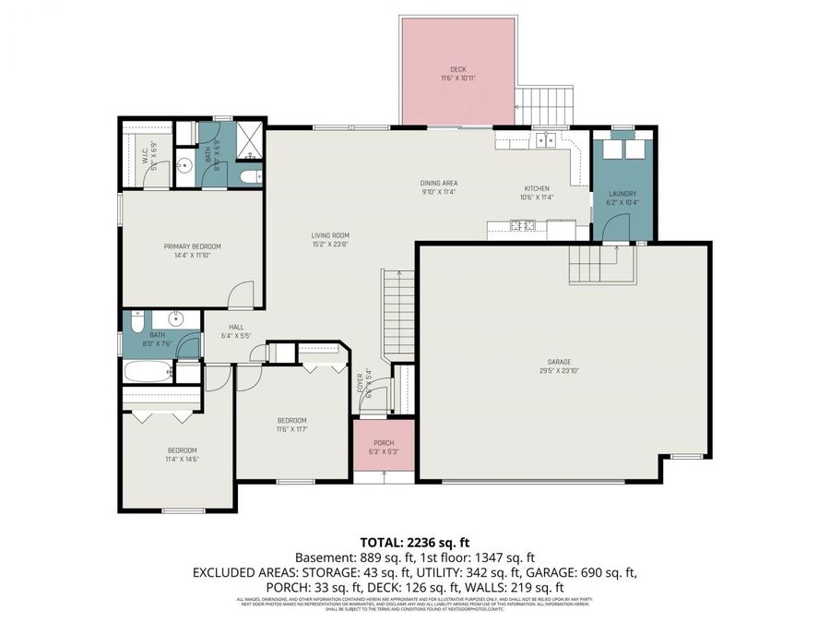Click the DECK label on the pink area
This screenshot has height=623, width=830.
click(x=457, y=69)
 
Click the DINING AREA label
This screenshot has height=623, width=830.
click(x=440, y=183)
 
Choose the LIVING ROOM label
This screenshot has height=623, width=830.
click(x=329, y=235)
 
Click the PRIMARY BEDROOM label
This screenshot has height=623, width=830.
click(x=193, y=246)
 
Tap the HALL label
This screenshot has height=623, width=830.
click(x=236, y=327)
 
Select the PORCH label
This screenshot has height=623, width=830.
click(x=384, y=443)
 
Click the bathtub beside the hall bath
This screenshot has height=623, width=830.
click(x=148, y=374)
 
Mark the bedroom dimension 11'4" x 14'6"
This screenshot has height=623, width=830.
click(x=183, y=459)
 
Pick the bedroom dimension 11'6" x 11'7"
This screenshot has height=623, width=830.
click(x=291, y=429)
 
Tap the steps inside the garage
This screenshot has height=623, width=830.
click(x=599, y=265)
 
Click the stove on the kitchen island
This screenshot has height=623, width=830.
click(x=524, y=224)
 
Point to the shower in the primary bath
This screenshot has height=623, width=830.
click(x=249, y=140)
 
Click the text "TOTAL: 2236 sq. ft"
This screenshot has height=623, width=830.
click(x=414, y=542)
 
